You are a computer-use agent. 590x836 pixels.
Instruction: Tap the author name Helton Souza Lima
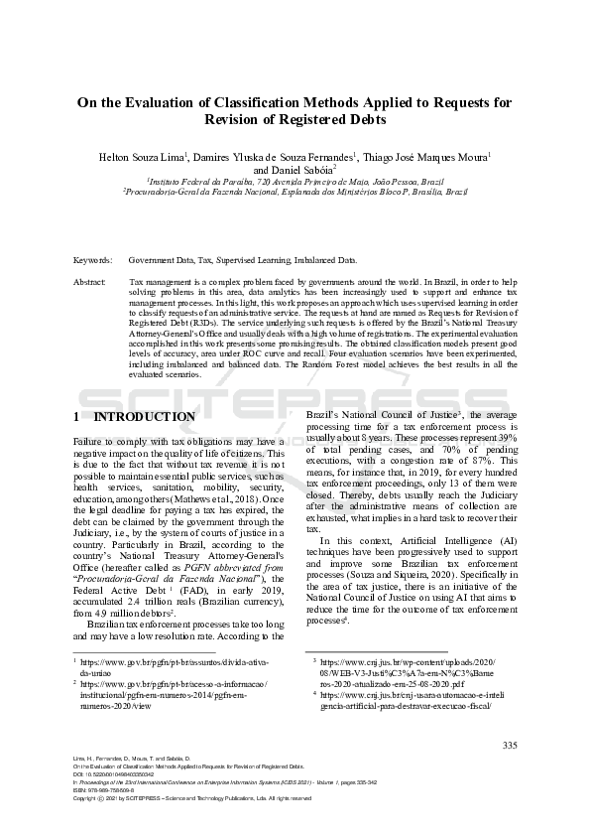[x=135, y=156]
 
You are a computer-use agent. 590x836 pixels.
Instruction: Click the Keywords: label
[x=93, y=260]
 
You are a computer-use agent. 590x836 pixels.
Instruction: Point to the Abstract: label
[x=90, y=283]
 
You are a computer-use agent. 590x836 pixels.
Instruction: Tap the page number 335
[x=510, y=746]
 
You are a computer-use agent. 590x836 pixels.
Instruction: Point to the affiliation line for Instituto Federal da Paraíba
[x=295, y=183]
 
